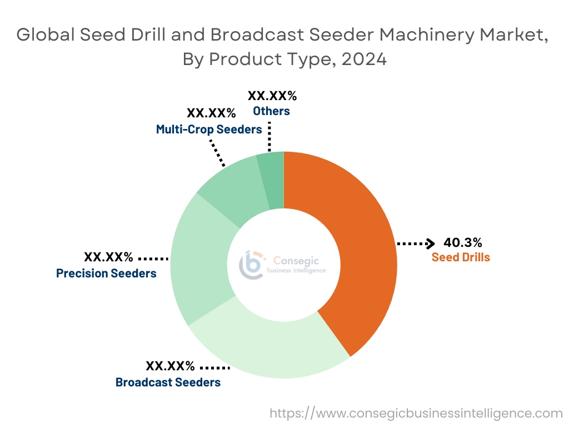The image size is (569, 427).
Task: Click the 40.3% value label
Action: click(462, 242)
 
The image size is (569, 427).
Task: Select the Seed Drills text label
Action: click(461, 257)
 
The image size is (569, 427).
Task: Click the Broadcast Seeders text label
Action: click(168, 383)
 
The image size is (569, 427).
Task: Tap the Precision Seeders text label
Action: click(106, 274)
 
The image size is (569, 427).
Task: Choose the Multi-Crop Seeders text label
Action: click(209, 130)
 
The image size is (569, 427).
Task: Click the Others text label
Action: click(271, 111)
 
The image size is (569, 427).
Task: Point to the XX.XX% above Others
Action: click(272, 95)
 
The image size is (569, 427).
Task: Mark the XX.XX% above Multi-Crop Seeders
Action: click(211, 113)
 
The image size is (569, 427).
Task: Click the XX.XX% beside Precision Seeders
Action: click(108, 257)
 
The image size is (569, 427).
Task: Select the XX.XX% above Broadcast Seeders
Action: click(170, 366)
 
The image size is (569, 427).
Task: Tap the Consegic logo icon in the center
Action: click(249, 264)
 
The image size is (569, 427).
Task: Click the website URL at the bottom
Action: click(416, 413)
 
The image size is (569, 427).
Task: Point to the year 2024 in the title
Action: click(364, 59)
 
